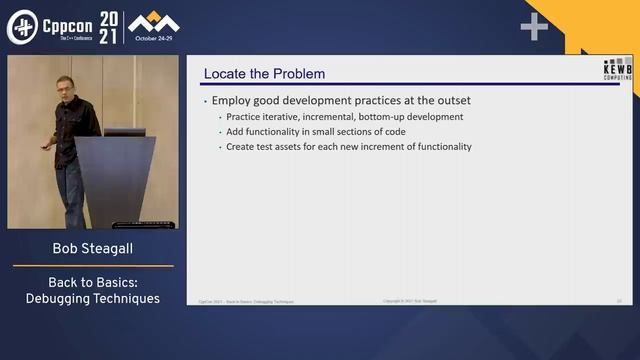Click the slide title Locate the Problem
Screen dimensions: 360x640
264,74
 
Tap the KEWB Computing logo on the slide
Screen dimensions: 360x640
618,68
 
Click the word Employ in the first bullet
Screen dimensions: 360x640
230,101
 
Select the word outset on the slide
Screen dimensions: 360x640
453,101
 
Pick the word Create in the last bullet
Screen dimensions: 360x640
238,147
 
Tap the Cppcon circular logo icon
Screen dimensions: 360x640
22,28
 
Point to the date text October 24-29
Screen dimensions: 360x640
154,39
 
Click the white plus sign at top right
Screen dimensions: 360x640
535,27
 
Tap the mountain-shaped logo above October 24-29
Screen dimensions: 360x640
154,22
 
